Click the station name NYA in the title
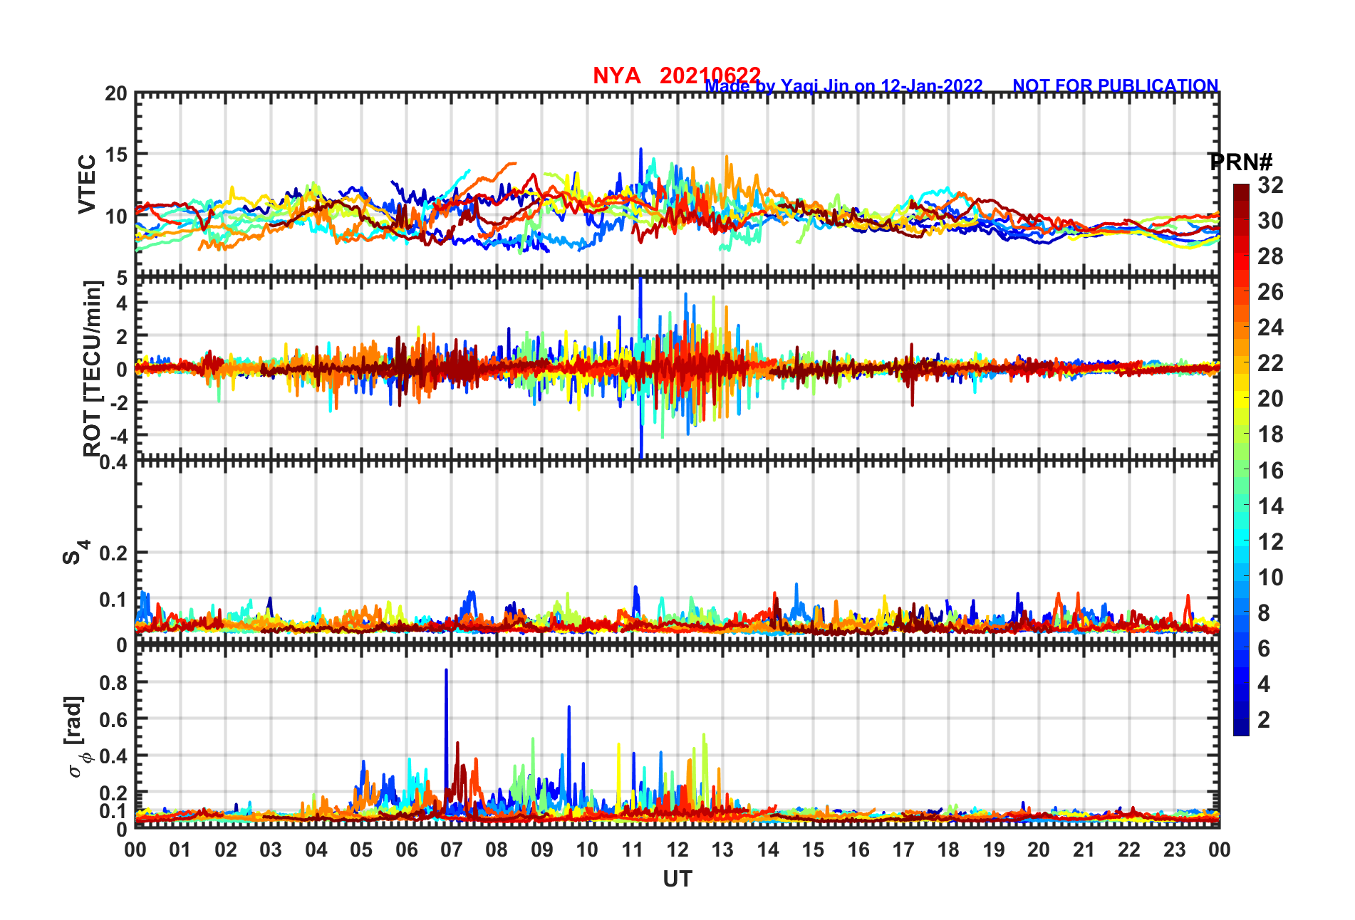pyautogui.click(x=616, y=75)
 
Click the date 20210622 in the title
pyautogui.click(x=710, y=75)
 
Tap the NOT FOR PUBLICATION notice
pyautogui.click(x=1115, y=86)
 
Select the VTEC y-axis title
pyautogui.click(x=87, y=184)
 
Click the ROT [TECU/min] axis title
pyautogui.click(x=92, y=368)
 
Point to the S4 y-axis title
pyautogui.click(x=74, y=552)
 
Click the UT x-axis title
pyautogui.click(x=677, y=879)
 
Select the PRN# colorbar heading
pyautogui.click(x=1240, y=162)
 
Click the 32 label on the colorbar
pyautogui.click(x=1270, y=186)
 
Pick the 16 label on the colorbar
pyautogui.click(x=1270, y=471)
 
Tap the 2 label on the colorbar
pyautogui.click(x=1264, y=720)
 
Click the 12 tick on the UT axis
pyautogui.click(x=677, y=850)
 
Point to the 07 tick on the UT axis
pyautogui.click(x=451, y=850)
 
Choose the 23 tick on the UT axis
pyautogui.click(x=1174, y=850)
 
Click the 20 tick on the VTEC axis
pyautogui.click(x=115, y=94)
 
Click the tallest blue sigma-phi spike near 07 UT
pyautogui.click(x=446, y=671)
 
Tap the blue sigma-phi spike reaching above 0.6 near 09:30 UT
pyautogui.click(x=569, y=708)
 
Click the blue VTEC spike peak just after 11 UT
pyautogui.click(x=640, y=150)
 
